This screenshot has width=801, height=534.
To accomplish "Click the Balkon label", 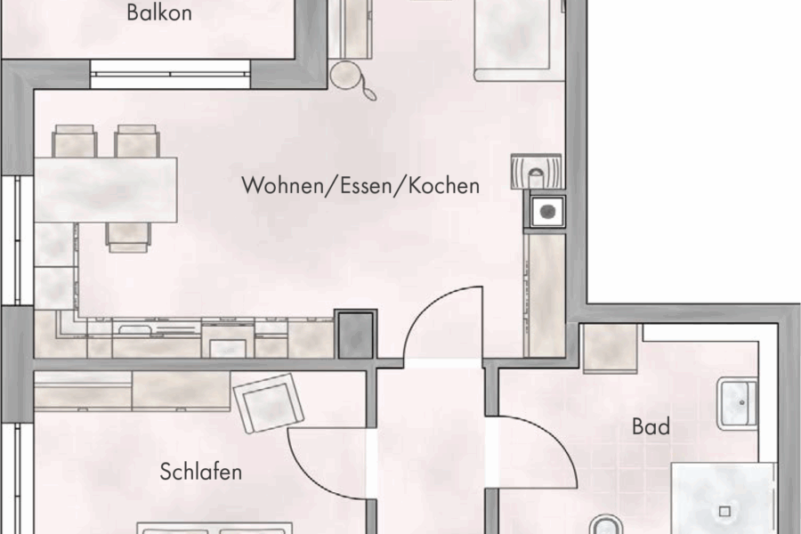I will [x=159, y=13].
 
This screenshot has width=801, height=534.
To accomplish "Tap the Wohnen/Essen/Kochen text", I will [x=360, y=186].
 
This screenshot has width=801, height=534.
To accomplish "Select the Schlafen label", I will [x=200, y=471].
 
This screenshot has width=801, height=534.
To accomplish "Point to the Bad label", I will [x=651, y=427].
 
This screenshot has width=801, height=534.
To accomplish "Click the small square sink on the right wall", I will [x=545, y=211].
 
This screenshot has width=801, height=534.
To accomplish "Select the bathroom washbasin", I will [x=738, y=403].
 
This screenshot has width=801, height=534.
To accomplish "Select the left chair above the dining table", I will [x=75, y=141].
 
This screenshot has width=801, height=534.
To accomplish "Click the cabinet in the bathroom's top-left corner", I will [x=610, y=348].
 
